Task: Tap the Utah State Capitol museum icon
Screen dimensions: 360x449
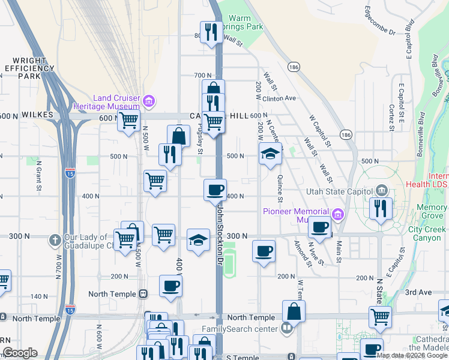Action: tap(381, 190)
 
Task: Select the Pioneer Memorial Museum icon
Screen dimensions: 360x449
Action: tap(337, 214)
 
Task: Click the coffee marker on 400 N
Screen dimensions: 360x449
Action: tap(215, 191)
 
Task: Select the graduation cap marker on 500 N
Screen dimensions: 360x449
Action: tap(270, 154)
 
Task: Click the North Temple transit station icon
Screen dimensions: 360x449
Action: tap(143, 294)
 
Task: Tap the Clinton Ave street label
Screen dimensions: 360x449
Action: tap(280, 98)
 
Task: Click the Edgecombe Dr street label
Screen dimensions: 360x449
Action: tap(381, 22)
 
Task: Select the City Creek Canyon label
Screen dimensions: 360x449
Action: tap(427, 233)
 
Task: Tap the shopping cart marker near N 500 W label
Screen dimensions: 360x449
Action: tap(128, 121)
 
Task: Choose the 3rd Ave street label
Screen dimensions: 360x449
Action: tap(419, 292)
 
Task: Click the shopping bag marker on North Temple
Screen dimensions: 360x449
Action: tap(294, 312)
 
